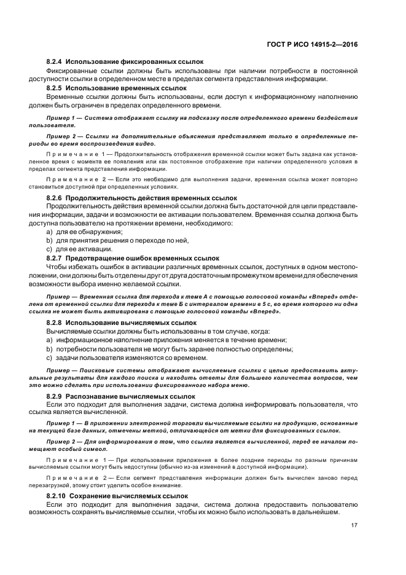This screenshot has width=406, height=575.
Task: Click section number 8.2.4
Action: tap(55, 63)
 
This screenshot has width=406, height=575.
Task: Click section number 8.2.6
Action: tap(55, 198)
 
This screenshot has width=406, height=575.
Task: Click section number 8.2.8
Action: tap(55, 322)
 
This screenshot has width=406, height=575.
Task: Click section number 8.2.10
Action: tap(57, 495)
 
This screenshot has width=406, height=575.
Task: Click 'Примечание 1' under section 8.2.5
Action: tap(77, 153)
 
